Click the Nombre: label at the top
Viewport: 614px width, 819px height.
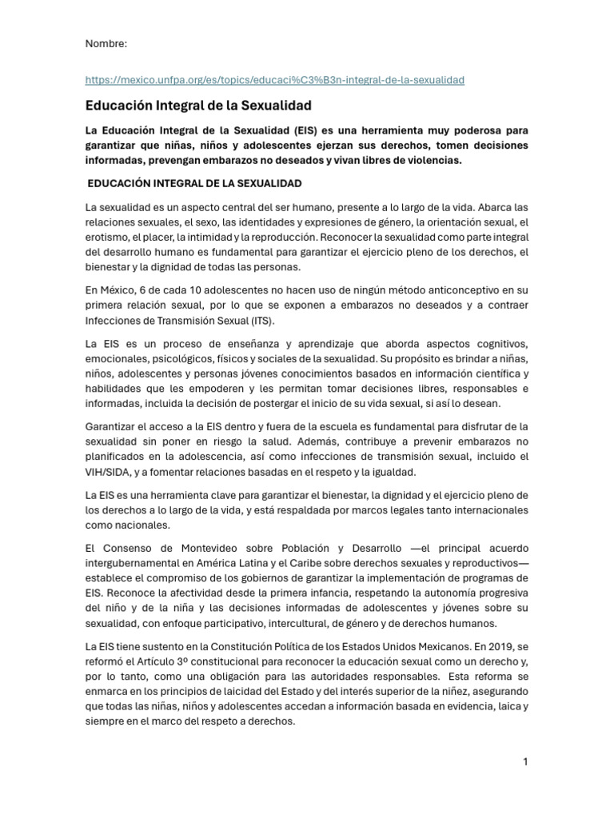click(x=106, y=43)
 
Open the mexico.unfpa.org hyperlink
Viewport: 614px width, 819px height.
click(x=275, y=80)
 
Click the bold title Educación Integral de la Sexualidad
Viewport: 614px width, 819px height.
click(x=198, y=105)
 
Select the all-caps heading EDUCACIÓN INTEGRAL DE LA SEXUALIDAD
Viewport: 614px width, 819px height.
click(x=195, y=183)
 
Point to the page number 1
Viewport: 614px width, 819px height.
click(x=525, y=762)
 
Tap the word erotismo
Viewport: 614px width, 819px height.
click(x=106, y=237)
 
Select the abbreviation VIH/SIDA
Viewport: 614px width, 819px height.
click(x=110, y=472)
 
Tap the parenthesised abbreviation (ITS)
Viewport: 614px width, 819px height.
click(x=261, y=320)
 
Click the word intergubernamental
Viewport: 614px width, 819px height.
click(x=133, y=564)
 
